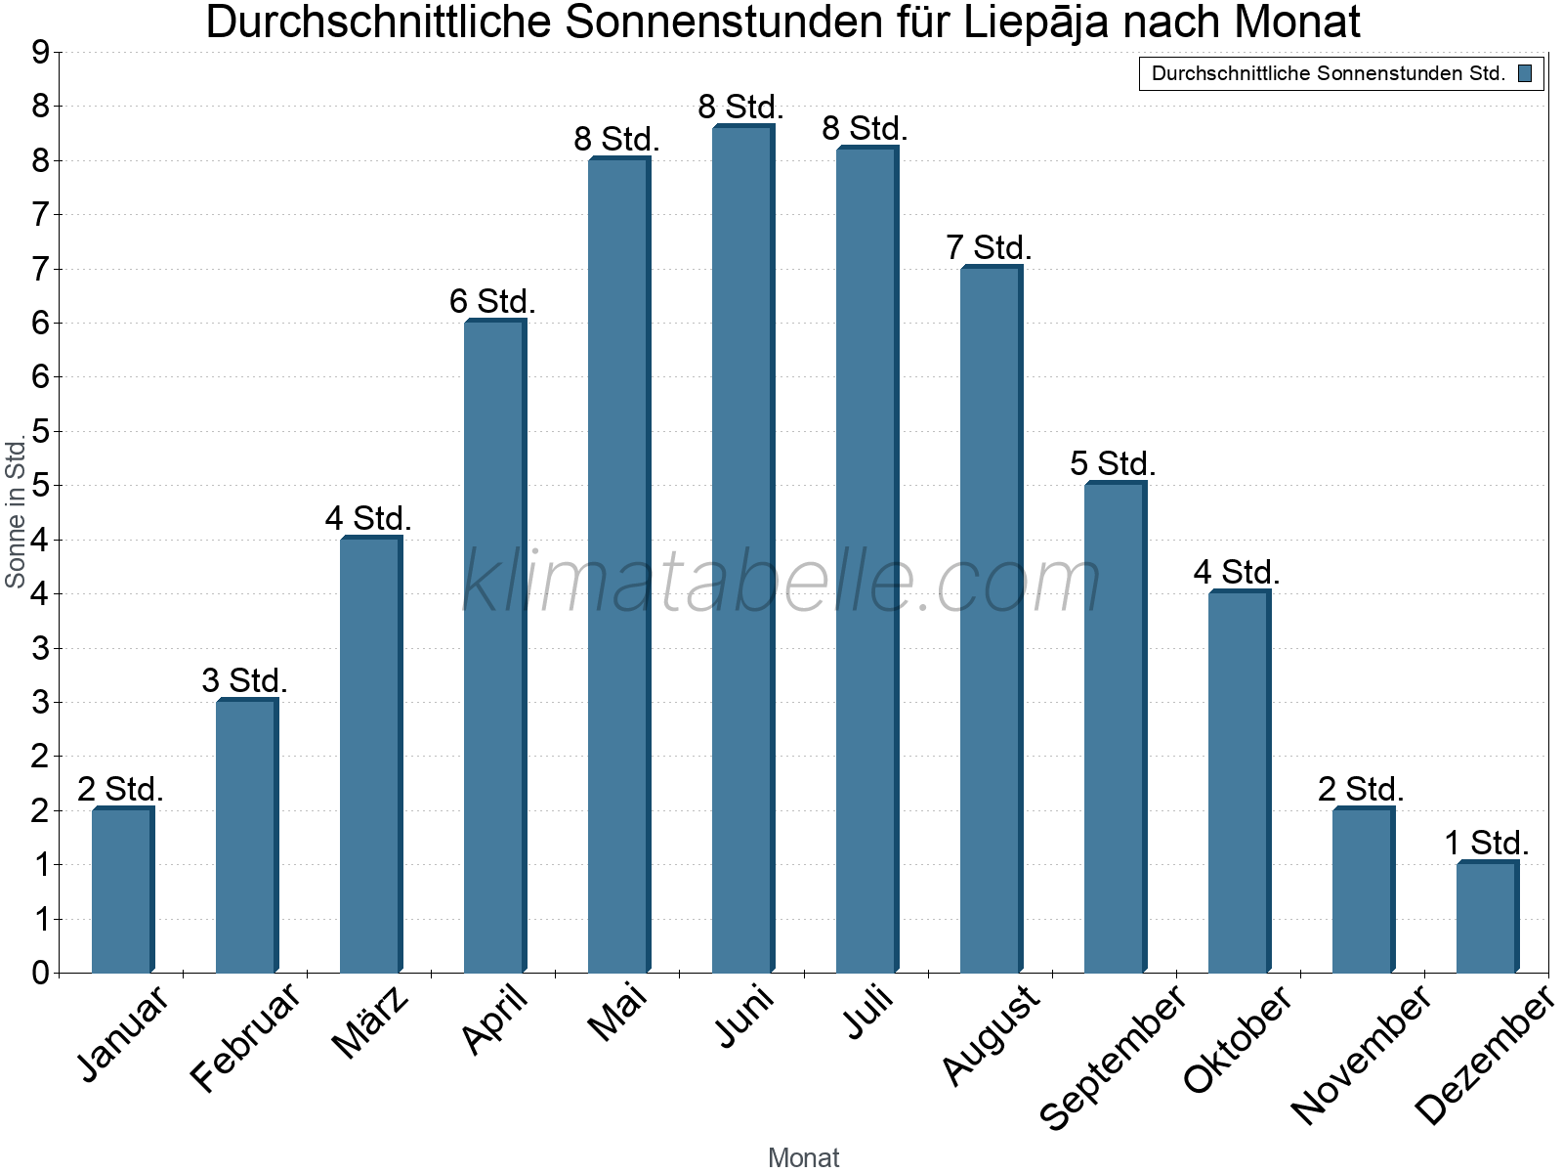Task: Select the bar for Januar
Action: (122, 891)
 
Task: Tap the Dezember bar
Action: (1487, 918)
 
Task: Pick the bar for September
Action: (1115, 727)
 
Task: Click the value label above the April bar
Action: (492, 301)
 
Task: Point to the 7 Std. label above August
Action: (989, 247)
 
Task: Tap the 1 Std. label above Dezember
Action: (1486, 843)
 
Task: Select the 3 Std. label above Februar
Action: (244, 680)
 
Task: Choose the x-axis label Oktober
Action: (1239, 1039)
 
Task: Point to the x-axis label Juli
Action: (868, 1012)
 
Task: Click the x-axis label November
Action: (1361, 1054)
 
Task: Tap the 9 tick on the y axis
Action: (40, 53)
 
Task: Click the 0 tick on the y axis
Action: (40, 973)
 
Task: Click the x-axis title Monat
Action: (803, 1157)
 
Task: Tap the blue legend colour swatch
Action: (1525, 73)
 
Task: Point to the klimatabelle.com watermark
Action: (781, 582)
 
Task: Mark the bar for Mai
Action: (618, 566)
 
